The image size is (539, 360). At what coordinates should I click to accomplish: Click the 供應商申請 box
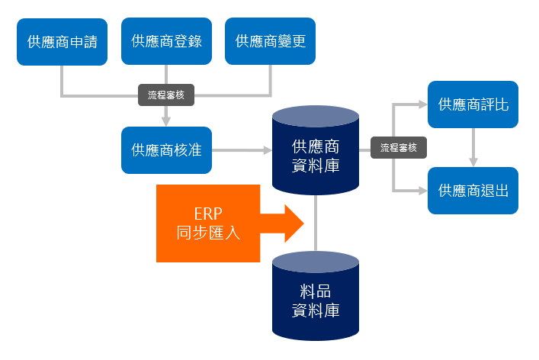pyautogui.click(x=63, y=41)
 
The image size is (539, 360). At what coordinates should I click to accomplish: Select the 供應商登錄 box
pyautogui.click(x=166, y=41)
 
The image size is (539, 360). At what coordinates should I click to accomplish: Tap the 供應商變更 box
pyautogui.click(x=270, y=41)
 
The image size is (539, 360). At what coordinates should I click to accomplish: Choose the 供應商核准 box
pyautogui.click(x=166, y=149)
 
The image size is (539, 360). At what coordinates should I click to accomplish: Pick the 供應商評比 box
pyautogui.click(x=473, y=104)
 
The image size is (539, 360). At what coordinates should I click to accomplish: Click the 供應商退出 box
pyautogui.click(x=473, y=190)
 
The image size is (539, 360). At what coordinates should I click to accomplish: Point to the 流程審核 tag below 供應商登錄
pyautogui.click(x=166, y=95)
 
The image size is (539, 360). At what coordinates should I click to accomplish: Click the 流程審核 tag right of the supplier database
pyautogui.click(x=399, y=148)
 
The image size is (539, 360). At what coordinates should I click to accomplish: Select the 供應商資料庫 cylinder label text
pyautogui.click(x=316, y=156)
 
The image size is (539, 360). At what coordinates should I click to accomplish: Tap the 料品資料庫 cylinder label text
pyautogui.click(x=316, y=301)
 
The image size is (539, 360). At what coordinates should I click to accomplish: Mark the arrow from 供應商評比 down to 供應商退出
pyautogui.click(x=473, y=147)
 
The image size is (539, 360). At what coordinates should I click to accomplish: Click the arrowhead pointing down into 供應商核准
pyautogui.click(x=166, y=121)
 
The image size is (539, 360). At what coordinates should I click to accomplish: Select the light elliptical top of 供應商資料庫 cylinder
pyautogui.click(x=316, y=117)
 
